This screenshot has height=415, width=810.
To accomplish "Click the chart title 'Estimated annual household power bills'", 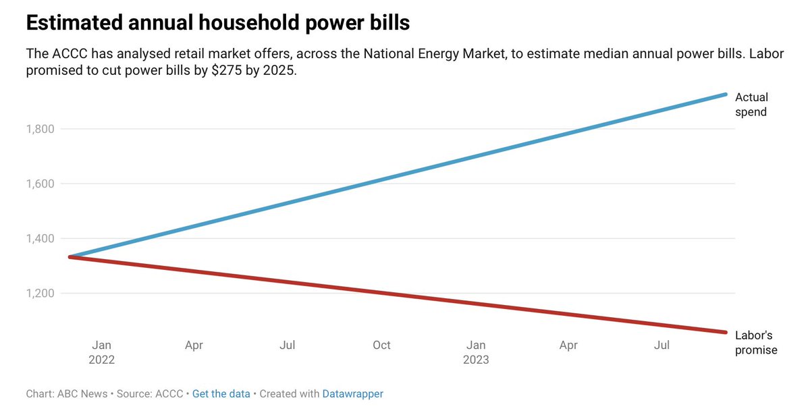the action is coord(217,22).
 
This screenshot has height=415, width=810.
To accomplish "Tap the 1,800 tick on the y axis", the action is coord(40,129).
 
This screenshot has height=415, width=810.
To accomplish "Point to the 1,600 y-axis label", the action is coord(40,184).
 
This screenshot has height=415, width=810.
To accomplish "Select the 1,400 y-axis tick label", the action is coord(40,239).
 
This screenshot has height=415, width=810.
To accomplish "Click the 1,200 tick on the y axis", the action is coord(40,293).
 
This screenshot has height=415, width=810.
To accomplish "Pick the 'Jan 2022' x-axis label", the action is coord(102,352).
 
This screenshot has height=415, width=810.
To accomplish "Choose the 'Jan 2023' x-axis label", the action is coord(476,352).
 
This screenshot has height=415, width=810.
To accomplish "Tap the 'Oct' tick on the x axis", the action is coord(381,345).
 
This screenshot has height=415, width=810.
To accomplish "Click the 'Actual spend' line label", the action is coord(751,105).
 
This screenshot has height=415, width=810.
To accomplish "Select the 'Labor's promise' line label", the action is coord(756,343).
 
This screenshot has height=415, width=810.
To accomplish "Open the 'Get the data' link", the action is coord(221,393).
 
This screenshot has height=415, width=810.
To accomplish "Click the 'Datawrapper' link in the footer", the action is coord(352,394).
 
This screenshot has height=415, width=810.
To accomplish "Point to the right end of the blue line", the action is coord(726,94).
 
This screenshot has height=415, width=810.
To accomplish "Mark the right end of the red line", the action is coord(726,332).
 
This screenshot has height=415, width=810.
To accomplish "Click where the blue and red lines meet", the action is coord(70,257).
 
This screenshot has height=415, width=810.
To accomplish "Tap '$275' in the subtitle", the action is coord(226,70).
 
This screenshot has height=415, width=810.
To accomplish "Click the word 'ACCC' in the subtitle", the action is coord(70,54).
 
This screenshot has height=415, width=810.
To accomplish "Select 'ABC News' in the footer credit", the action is coord(82,393).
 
